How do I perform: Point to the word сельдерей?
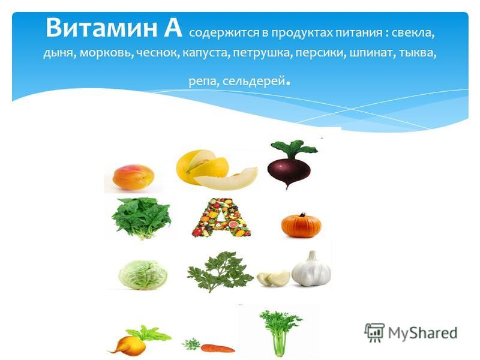[254, 82]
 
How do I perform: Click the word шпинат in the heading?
[370, 54]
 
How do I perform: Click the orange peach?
[133, 177]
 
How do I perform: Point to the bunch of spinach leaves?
[141, 218]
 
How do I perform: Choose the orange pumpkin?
[301, 226]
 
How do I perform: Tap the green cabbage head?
[143, 275]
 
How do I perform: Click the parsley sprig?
[220, 271]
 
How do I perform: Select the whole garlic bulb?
[311, 269]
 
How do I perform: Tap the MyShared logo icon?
[374, 332]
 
